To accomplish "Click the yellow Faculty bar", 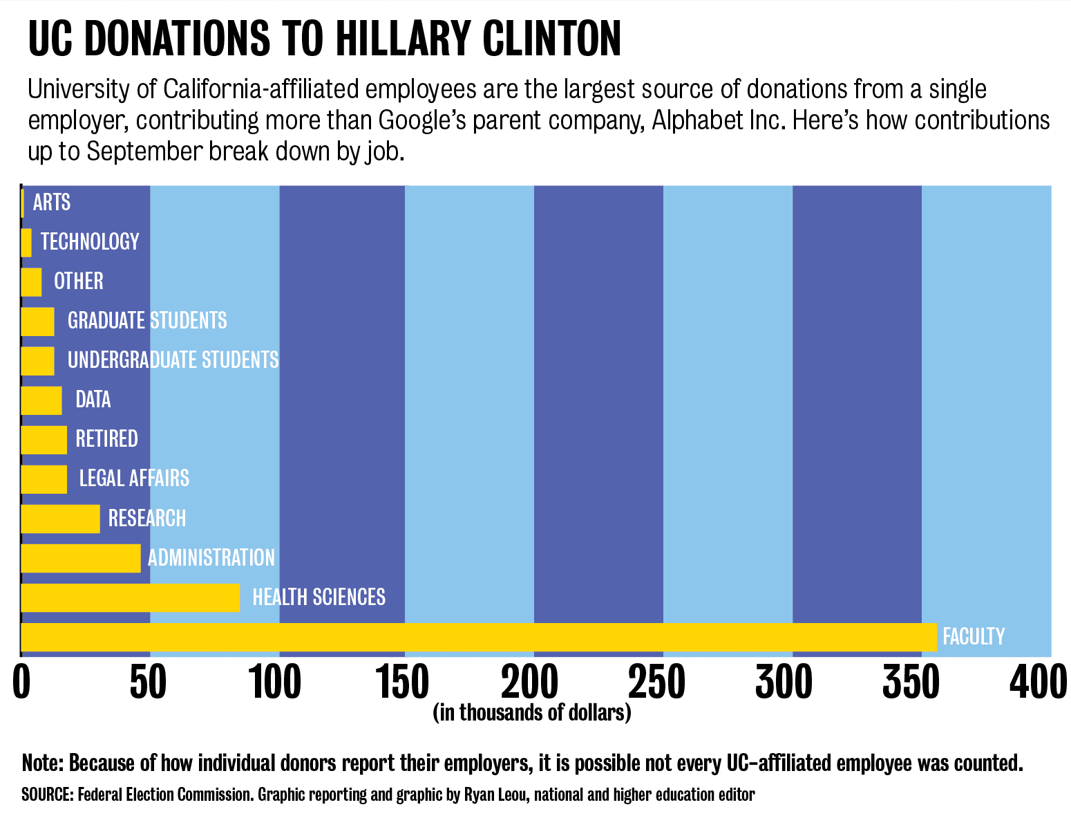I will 478,637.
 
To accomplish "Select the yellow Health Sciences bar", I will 130,597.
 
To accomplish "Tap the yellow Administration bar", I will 80,558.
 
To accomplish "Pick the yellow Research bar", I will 60,519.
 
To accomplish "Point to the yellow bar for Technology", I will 26,242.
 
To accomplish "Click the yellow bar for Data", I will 41,400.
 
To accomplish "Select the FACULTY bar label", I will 974,636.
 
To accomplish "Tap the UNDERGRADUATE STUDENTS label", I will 173,360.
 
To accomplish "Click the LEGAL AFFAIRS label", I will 134,479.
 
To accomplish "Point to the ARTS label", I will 52,203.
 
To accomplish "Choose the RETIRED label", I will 106,439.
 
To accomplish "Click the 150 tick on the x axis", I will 405,683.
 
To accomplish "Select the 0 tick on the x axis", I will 22,683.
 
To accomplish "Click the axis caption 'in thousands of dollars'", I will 532,712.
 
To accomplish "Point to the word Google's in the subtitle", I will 423,120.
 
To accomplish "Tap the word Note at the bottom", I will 42,763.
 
